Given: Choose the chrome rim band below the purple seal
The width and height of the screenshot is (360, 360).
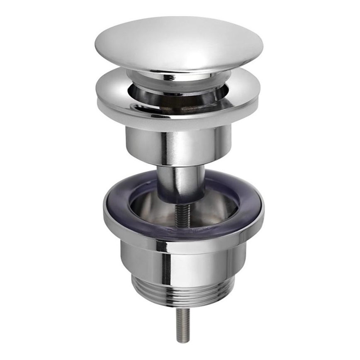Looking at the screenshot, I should pos(182,245).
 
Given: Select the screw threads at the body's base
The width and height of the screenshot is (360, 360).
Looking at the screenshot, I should pos(182,294).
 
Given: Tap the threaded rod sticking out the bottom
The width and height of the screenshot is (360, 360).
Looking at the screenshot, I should pos(182,324).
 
